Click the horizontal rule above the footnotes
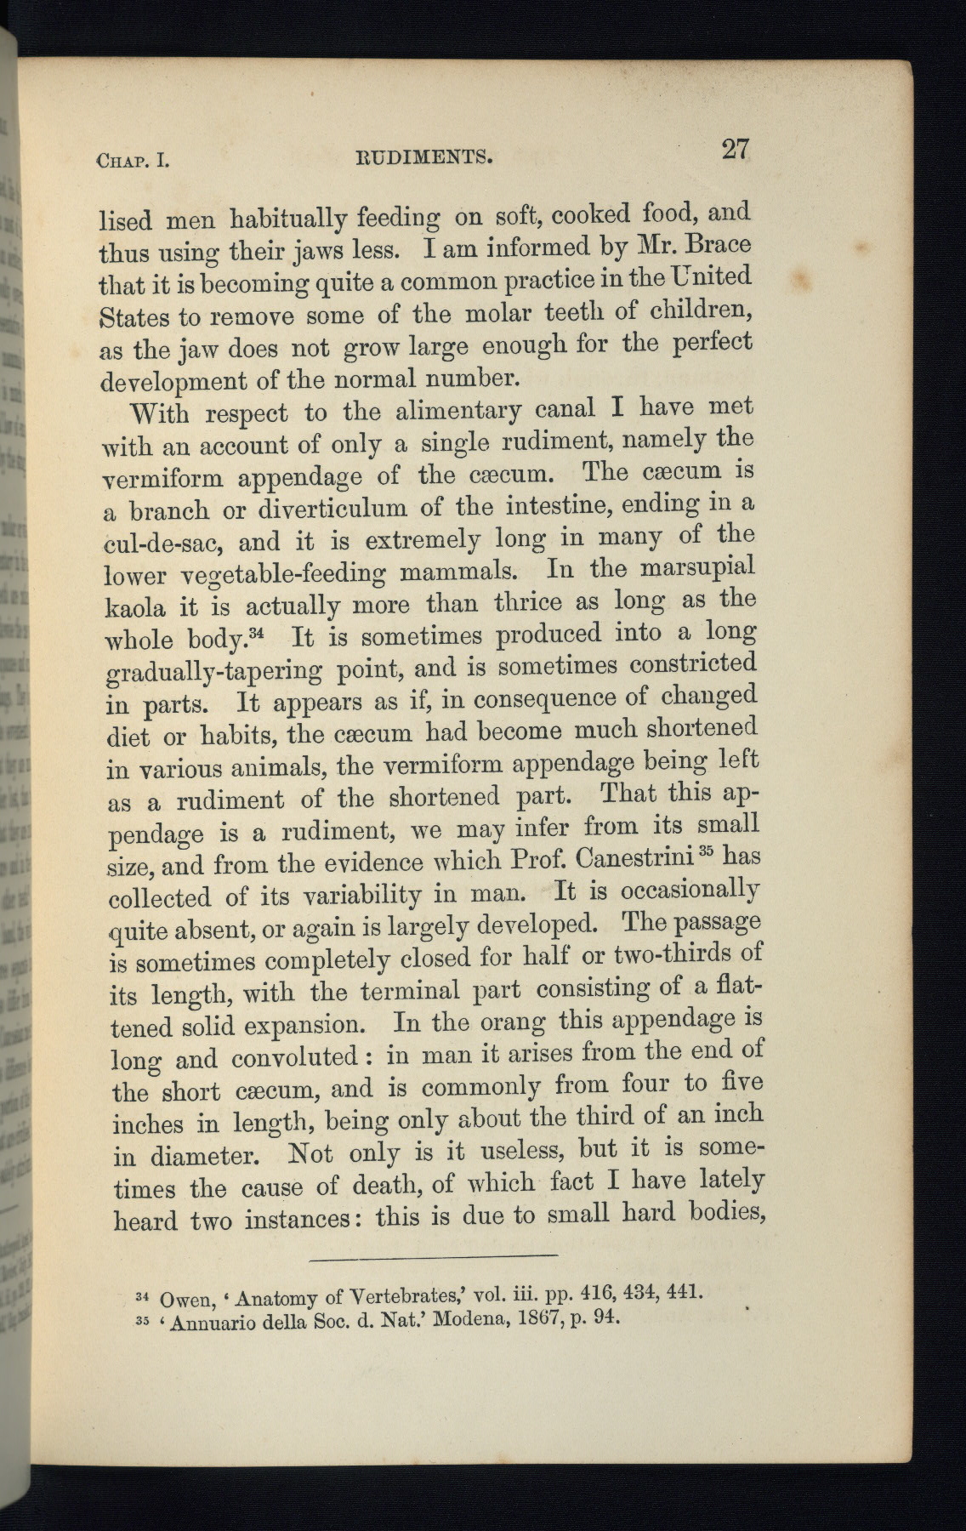pyautogui.click(x=434, y=1255)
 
